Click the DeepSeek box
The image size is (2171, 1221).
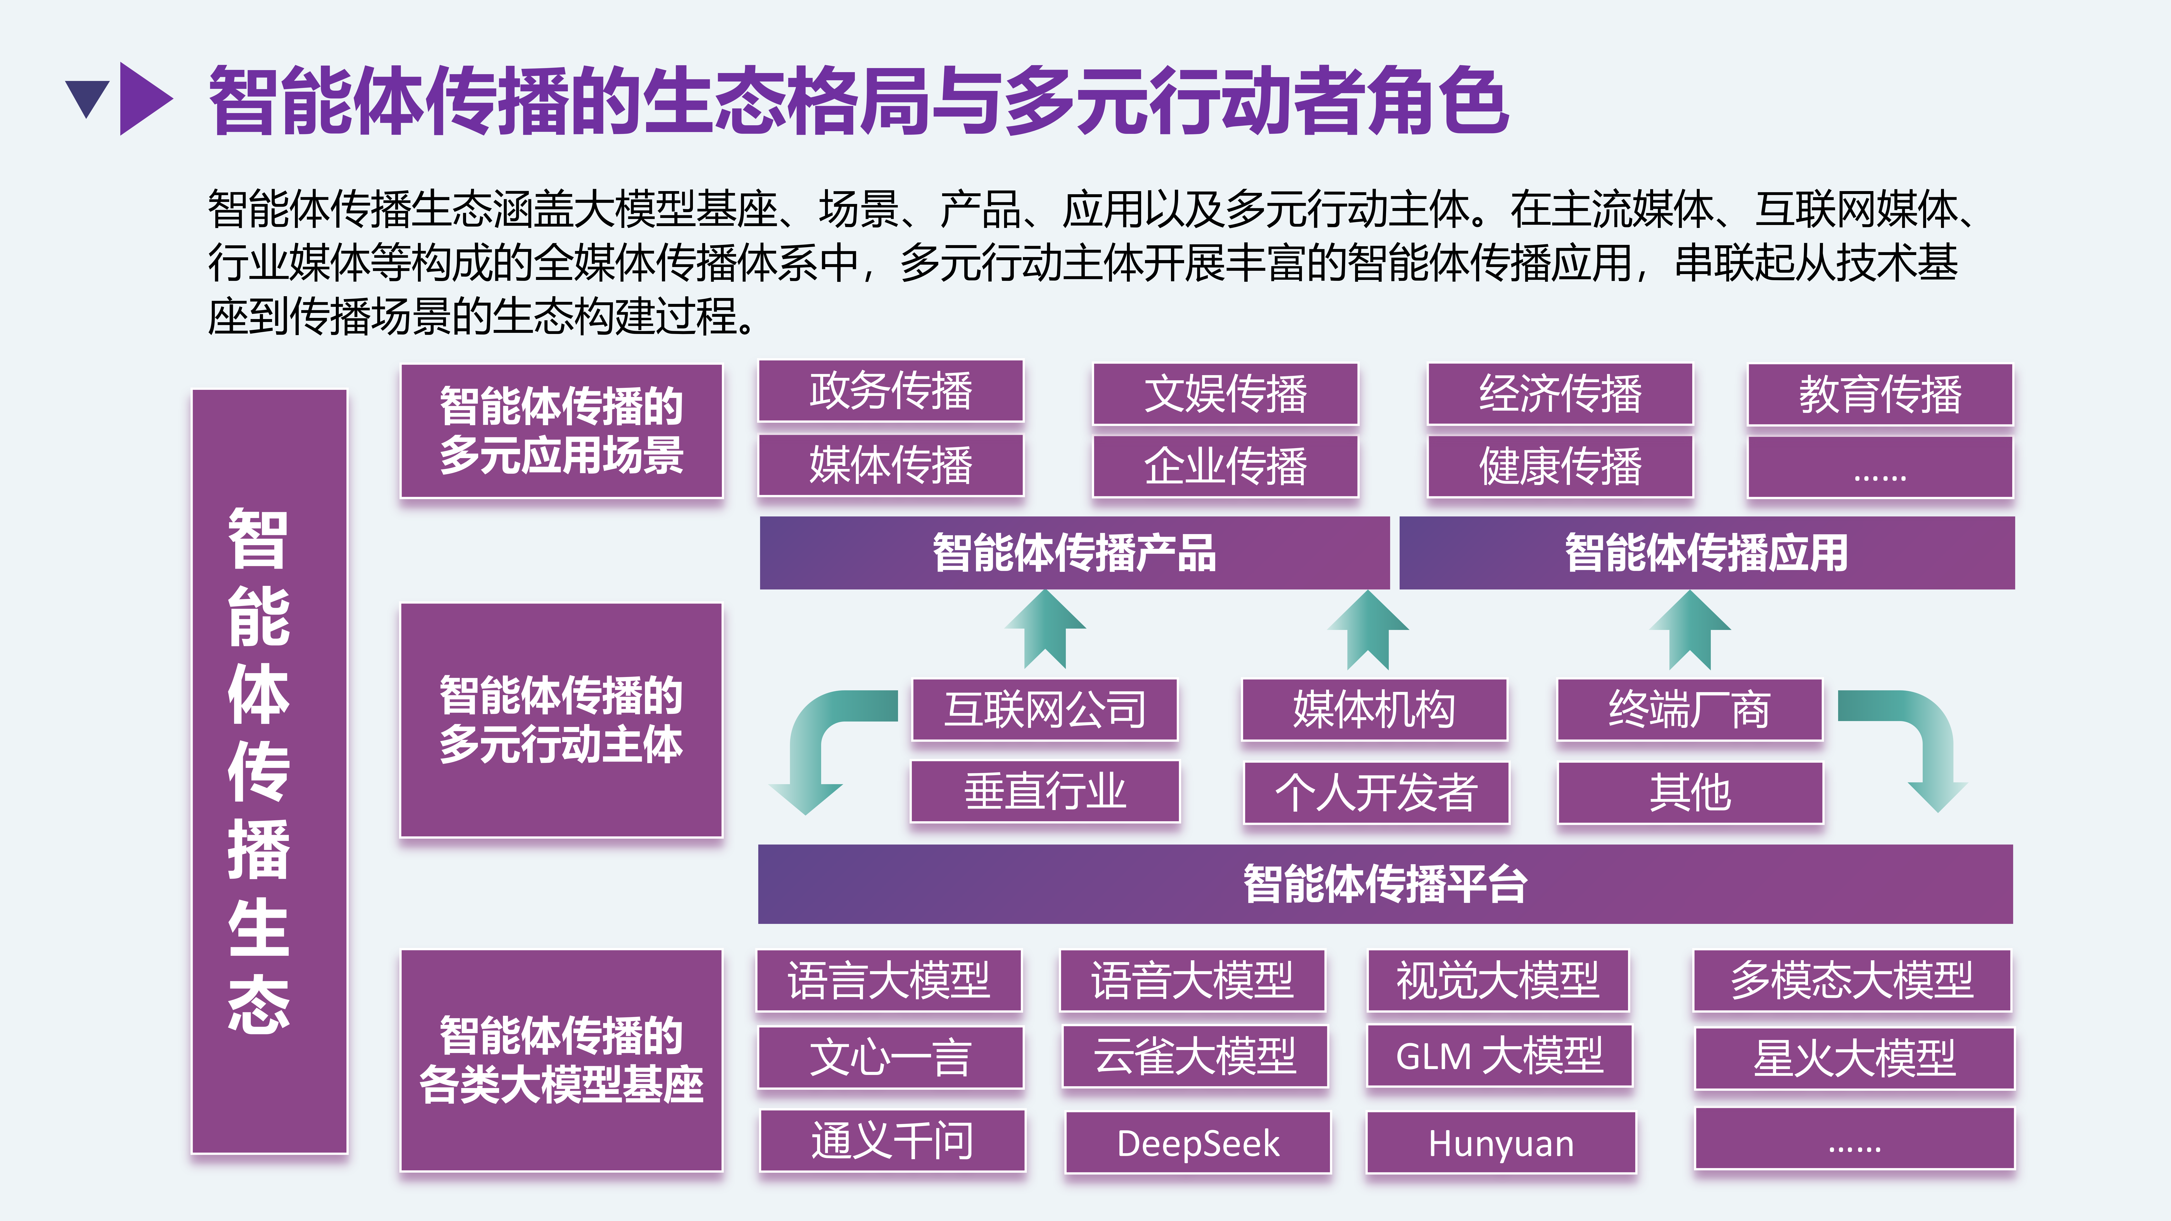pos(1198,1143)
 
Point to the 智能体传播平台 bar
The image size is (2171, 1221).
pos(1385,884)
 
